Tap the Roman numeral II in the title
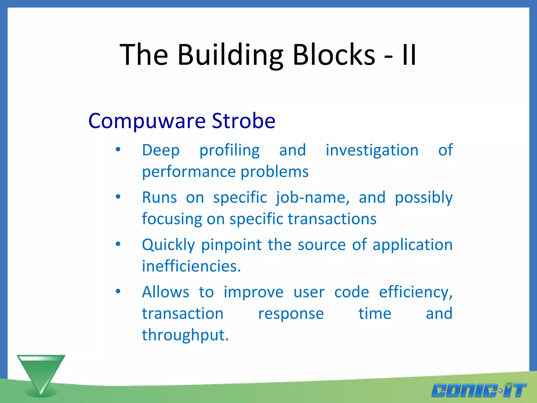(x=409, y=55)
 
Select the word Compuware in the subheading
(x=147, y=121)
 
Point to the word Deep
(x=161, y=151)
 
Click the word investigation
(x=372, y=150)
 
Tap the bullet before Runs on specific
(x=118, y=197)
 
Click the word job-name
(x=313, y=198)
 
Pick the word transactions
(x=332, y=219)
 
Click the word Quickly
(x=168, y=245)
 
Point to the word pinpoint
(x=232, y=245)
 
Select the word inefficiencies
(x=191, y=266)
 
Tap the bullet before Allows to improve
(x=118, y=291)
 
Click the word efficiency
(x=416, y=292)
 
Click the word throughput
(x=185, y=335)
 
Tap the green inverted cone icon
(x=41, y=374)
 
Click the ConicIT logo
(x=479, y=390)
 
